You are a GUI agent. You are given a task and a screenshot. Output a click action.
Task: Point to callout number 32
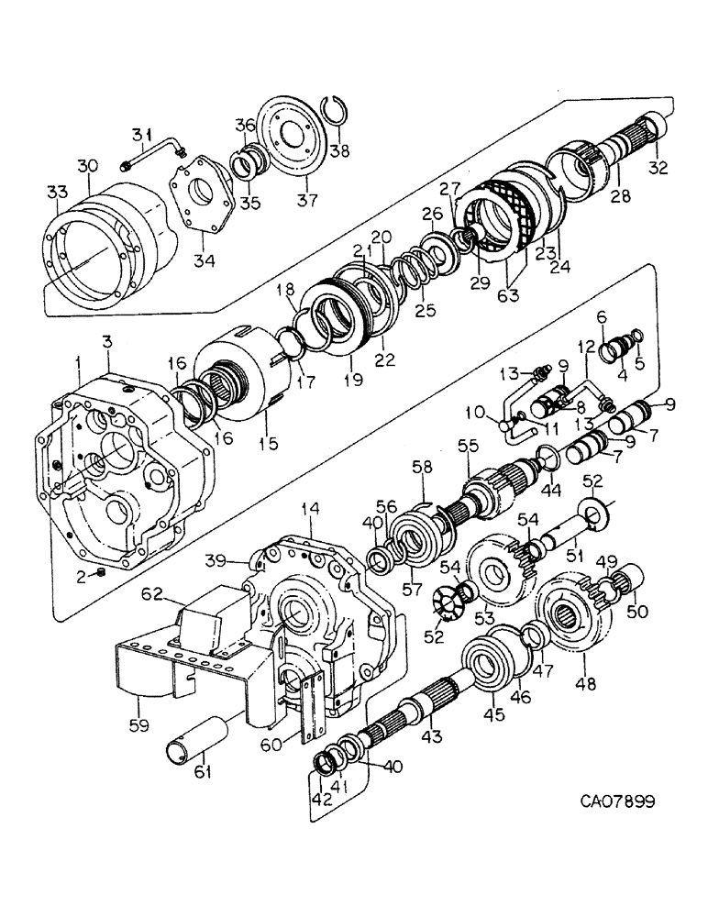(x=659, y=168)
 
